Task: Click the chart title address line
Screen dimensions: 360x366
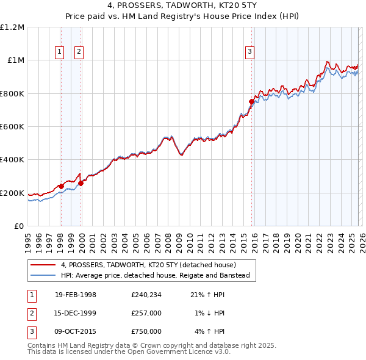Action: click(x=182, y=6)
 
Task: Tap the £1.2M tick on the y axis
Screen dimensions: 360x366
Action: click(x=12, y=27)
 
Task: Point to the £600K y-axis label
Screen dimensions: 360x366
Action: click(x=12, y=127)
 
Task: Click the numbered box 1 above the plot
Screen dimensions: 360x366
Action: click(x=60, y=52)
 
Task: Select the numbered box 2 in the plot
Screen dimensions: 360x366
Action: click(x=79, y=52)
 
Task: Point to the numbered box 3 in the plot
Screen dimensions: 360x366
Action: click(x=250, y=52)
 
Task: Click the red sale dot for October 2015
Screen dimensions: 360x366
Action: click(x=251, y=102)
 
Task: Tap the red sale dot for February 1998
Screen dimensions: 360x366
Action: click(x=61, y=186)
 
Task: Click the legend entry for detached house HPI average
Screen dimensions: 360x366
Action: click(x=156, y=275)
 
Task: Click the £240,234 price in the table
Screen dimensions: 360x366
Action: click(x=146, y=295)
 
